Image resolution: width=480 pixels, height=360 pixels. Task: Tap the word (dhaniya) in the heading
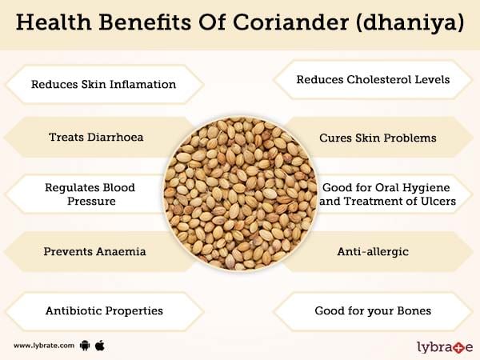410,23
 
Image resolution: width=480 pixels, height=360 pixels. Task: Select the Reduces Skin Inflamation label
103,84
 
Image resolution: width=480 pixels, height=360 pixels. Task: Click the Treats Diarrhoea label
96,137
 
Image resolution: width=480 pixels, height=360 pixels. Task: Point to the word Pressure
91,201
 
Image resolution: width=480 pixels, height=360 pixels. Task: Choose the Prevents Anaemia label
94,252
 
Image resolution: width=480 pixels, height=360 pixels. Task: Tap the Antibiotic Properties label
104,311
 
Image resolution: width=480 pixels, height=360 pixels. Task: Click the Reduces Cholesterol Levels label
373,79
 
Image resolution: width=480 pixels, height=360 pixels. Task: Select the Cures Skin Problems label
378,138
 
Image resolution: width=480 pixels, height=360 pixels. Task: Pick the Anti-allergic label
373,252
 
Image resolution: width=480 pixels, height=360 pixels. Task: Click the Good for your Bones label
373,311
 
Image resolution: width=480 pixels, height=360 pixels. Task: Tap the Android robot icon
85,346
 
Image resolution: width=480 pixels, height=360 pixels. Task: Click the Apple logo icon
100,346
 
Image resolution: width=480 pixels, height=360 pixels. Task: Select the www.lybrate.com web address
44,346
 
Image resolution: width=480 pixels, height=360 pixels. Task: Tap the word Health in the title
54,22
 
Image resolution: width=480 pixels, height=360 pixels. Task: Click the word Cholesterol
378,79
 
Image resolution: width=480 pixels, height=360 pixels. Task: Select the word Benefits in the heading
146,22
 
